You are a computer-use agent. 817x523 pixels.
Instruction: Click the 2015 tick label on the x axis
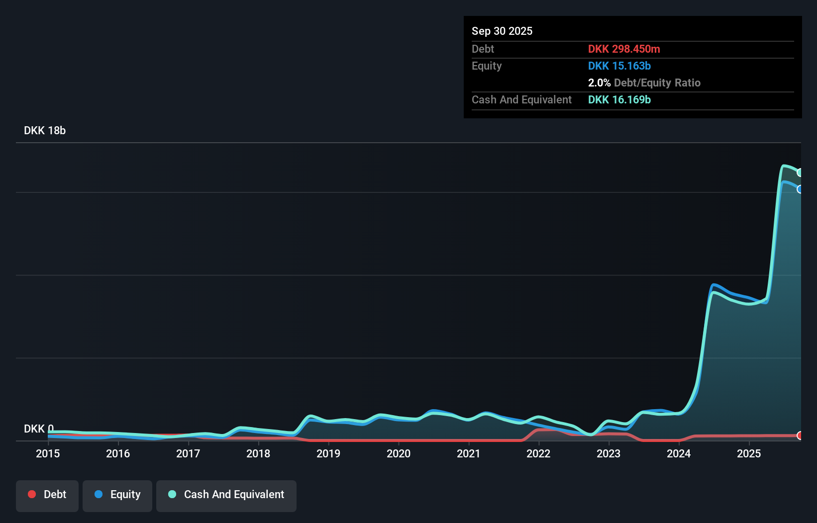(x=48, y=453)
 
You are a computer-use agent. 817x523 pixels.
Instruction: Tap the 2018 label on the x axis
(x=258, y=453)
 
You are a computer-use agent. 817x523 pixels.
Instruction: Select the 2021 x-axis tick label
(x=469, y=453)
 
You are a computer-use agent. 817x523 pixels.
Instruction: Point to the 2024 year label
(x=679, y=453)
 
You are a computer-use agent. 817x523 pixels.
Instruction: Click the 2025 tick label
(x=749, y=453)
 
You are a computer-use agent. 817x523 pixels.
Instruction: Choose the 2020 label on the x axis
(x=399, y=453)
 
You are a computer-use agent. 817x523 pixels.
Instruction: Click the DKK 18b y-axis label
(x=45, y=130)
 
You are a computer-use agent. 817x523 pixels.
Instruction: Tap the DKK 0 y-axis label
(x=38, y=429)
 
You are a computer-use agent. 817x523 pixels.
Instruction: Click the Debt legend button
(x=47, y=495)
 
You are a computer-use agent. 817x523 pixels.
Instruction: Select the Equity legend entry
(x=117, y=495)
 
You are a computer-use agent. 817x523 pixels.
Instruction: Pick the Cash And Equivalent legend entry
(x=226, y=495)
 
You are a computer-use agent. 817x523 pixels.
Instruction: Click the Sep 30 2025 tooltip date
(x=502, y=31)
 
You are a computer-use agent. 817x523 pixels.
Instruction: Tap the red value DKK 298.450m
(x=624, y=49)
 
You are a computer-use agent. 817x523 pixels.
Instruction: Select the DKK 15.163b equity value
(x=619, y=66)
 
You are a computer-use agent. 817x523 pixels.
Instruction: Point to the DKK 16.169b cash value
(x=619, y=99)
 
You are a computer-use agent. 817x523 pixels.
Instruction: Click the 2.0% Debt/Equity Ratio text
(x=644, y=83)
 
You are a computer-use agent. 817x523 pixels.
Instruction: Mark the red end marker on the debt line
(x=800, y=436)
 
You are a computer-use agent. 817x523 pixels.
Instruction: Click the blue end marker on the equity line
(x=800, y=189)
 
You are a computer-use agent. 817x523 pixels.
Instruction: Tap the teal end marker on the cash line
(x=800, y=173)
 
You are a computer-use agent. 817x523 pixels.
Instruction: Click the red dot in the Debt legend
(x=32, y=494)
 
